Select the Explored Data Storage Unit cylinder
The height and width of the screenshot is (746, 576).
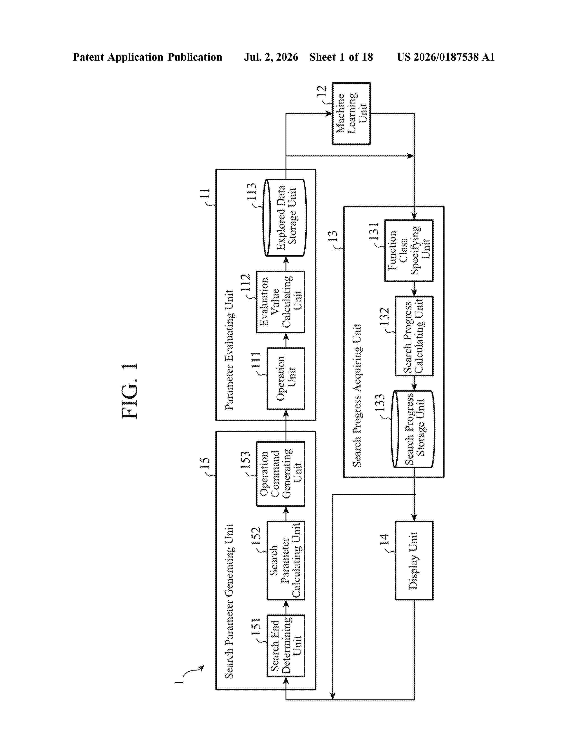285,217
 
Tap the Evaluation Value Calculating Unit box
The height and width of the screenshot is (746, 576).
281,302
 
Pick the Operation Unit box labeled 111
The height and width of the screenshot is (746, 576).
286,378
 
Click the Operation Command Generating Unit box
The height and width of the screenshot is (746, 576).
281,474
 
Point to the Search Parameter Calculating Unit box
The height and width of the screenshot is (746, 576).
286,561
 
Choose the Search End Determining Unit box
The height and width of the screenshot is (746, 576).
286,646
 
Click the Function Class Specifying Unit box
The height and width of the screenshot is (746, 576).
409,250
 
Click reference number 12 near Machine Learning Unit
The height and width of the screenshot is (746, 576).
321,92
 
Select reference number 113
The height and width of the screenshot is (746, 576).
251,192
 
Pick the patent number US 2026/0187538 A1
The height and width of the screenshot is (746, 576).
446,57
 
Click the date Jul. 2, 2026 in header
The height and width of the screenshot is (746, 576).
271,57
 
